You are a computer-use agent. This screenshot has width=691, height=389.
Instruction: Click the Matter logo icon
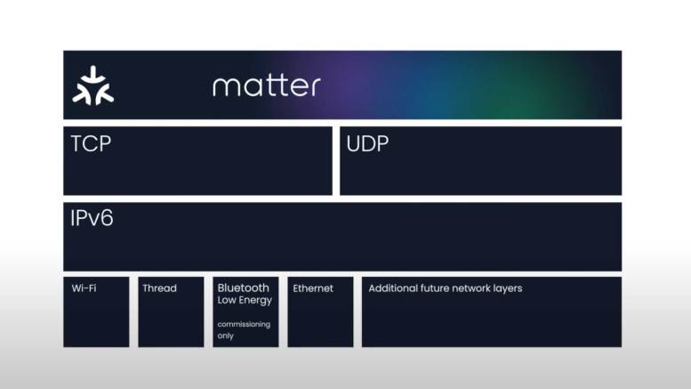(x=93, y=85)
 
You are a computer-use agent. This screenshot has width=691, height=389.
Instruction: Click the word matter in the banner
(x=266, y=85)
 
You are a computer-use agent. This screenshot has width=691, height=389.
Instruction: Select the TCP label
(x=91, y=144)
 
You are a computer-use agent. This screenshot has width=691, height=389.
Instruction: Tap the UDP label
(x=367, y=144)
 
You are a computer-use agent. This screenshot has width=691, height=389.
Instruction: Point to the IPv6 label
(x=92, y=218)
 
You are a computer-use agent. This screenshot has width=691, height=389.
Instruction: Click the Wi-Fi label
(x=84, y=288)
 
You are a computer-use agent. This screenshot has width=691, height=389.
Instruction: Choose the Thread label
(x=159, y=288)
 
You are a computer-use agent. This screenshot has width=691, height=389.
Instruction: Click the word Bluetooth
(x=244, y=288)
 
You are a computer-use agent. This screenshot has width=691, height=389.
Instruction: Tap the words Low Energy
(x=245, y=300)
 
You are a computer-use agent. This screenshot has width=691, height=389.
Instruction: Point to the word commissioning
(x=244, y=324)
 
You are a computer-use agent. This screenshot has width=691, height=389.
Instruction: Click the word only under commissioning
(x=225, y=336)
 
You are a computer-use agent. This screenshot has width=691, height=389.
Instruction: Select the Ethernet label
(x=313, y=288)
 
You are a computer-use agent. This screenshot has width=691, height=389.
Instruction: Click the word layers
(x=508, y=288)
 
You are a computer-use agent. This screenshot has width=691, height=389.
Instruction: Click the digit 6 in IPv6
(x=107, y=218)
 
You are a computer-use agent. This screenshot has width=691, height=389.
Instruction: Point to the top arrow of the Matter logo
(x=93, y=75)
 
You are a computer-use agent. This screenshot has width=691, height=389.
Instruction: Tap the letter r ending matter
(x=316, y=87)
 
